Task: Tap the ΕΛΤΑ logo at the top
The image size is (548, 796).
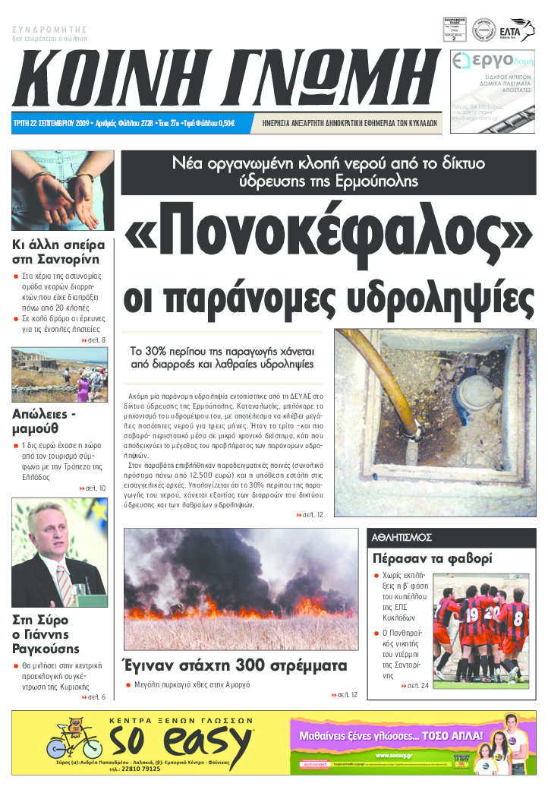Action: pos(517,31)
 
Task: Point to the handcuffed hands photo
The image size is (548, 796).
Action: pos(62,191)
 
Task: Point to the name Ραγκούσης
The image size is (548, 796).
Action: pos(46,649)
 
